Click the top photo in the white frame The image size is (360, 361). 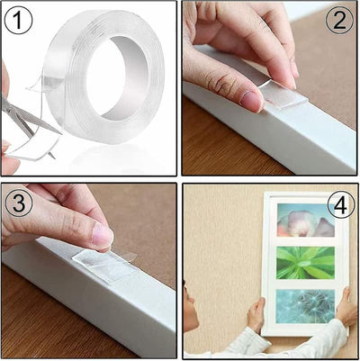[305, 221]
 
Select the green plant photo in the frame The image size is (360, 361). [305, 263]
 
